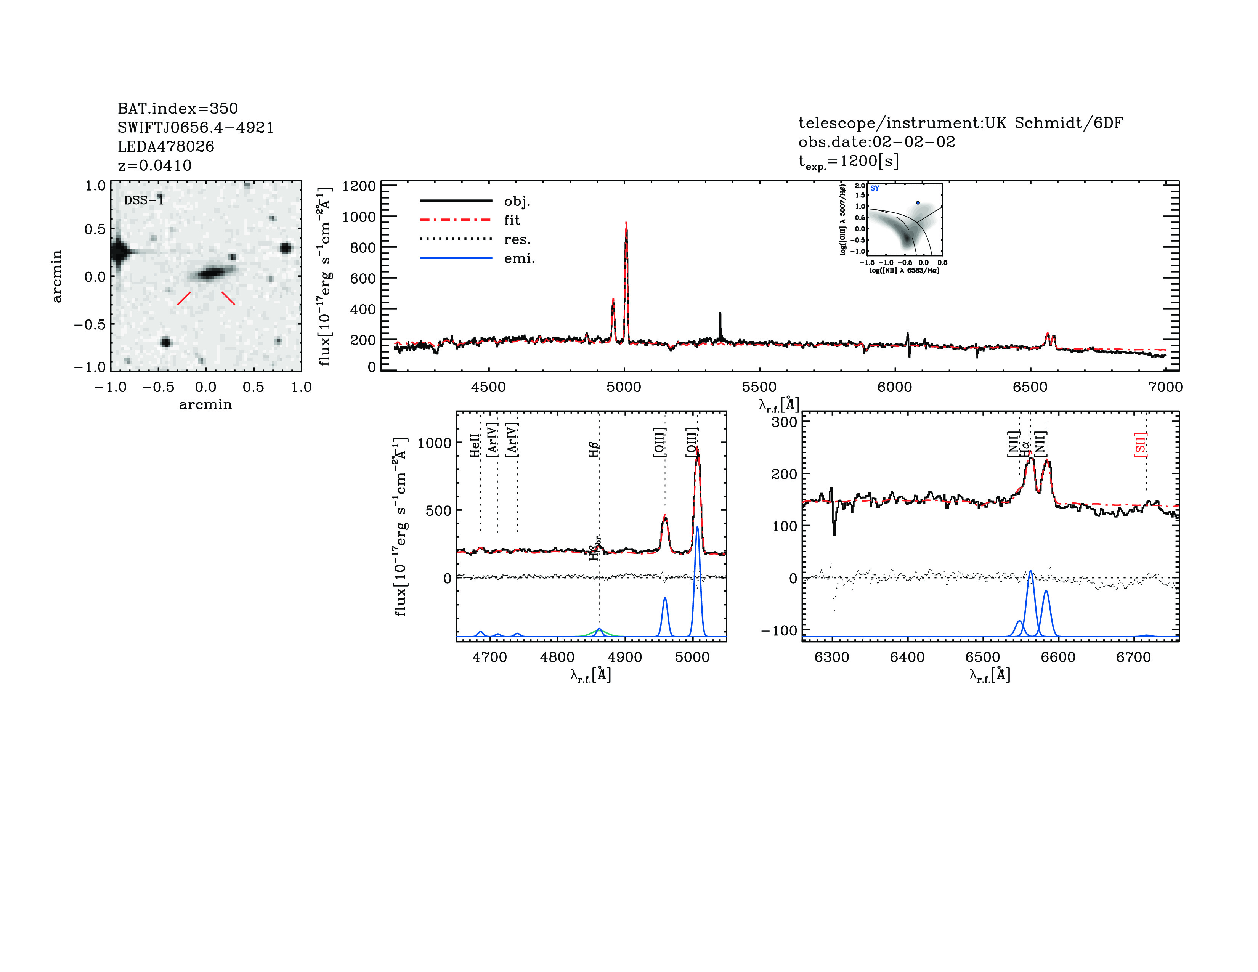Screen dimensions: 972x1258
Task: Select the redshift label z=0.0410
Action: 154,165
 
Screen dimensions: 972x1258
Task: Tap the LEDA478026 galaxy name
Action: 166,146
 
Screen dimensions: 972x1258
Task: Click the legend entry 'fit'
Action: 512,220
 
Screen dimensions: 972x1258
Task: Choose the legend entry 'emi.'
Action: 519,258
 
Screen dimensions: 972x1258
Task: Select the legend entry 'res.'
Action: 517,239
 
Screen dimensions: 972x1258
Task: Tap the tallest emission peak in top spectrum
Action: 626,225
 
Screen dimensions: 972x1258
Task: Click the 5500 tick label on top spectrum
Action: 759,387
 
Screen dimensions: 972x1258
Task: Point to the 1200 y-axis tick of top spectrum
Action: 358,186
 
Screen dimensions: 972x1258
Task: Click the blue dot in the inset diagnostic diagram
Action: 918,203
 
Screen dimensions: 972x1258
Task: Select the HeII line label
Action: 475,446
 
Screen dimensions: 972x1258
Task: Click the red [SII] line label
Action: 1140,444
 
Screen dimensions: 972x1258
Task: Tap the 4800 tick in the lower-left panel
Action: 557,657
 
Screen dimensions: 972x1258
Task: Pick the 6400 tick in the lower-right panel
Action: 907,657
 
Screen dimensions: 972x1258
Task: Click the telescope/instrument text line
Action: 960,123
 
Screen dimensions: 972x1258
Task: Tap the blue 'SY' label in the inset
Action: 875,188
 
